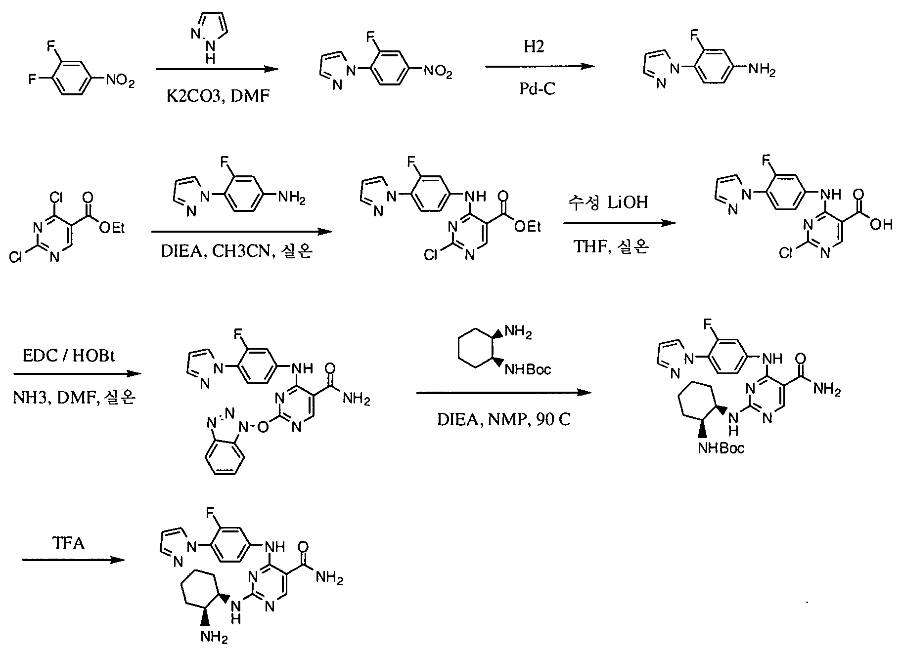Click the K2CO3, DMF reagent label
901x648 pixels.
218,95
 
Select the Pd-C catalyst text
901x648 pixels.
537,89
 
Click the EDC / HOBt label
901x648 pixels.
69,356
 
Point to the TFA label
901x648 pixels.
68,543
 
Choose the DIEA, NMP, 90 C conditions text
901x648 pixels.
504,419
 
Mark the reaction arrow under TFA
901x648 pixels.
73,560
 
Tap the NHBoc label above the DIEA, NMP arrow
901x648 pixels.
527,369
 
